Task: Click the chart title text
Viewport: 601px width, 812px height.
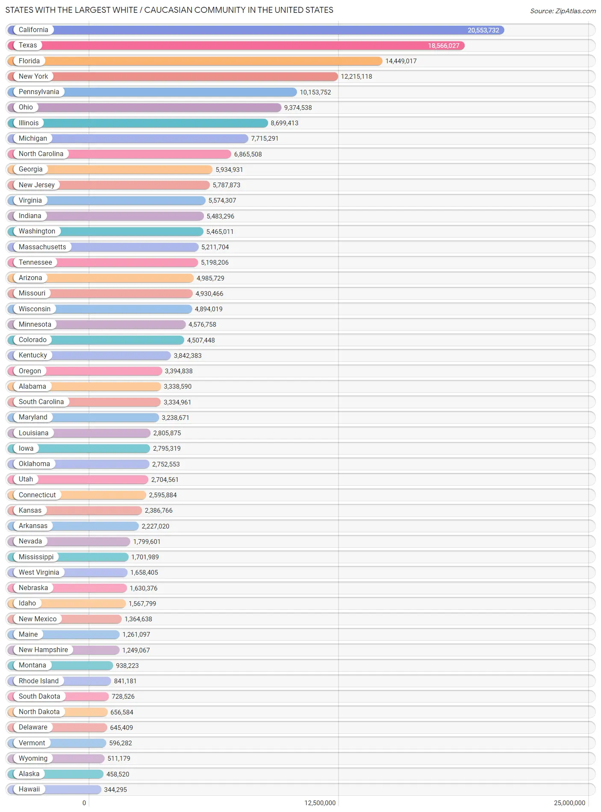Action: (169, 10)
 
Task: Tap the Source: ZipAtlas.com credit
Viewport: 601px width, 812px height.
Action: (563, 11)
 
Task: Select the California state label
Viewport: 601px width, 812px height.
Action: (33, 30)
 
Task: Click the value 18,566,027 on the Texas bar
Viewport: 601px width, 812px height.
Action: (443, 46)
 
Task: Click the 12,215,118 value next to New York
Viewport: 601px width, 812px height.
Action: (356, 77)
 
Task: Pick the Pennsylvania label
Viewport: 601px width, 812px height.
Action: (39, 92)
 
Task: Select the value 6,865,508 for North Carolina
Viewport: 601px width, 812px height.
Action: (247, 154)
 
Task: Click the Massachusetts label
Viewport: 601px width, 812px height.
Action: (42, 247)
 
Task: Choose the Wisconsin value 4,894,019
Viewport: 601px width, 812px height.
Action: (209, 309)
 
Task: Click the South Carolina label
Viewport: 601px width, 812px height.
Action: (41, 402)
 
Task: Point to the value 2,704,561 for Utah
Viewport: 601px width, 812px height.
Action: (165, 480)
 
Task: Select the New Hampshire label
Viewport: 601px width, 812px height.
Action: (43, 650)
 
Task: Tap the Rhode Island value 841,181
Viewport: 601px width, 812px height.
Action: (125, 681)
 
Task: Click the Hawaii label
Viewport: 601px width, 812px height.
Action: (29, 789)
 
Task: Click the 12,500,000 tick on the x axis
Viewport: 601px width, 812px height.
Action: (320, 803)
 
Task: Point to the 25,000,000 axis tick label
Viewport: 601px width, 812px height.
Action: (569, 803)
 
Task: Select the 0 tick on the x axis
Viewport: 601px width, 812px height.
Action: (84, 803)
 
